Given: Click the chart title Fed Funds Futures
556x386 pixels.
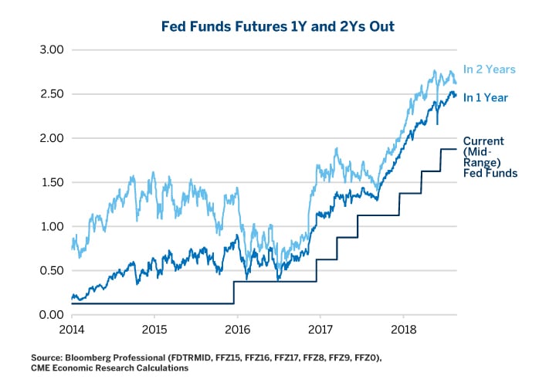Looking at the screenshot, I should [279, 25].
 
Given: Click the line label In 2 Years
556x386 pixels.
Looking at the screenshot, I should [490, 69].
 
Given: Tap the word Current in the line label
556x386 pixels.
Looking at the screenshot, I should [483, 141].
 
